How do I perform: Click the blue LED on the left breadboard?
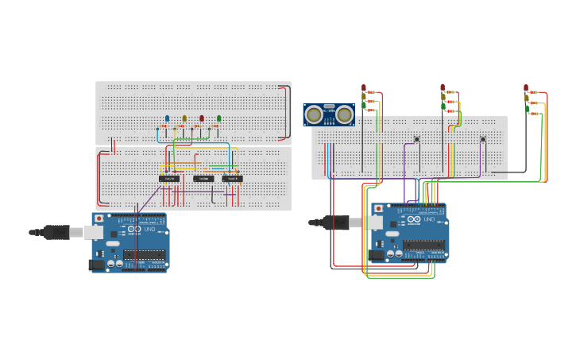[x=167, y=118]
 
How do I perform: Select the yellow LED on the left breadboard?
[x=184, y=118]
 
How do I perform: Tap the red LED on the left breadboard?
[x=202, y=118]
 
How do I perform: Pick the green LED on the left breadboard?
[x=219, y=118]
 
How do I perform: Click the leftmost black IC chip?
[x=168, y=179]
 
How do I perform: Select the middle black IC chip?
[x=203, y=179]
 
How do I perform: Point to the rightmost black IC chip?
[x=232, y=179]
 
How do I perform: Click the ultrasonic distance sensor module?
[x=329, y=114]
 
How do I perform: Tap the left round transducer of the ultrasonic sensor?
[x=315, y=115]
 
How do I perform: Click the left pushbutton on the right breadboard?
[x=416, y=139]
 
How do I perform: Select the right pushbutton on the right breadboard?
[x=482, y=139]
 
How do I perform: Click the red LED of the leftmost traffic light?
[x=364, y=87]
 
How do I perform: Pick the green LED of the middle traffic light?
[x=443, y=106]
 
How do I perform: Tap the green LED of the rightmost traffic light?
[x=526, y=107]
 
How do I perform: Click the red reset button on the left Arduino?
[x=99, y=219]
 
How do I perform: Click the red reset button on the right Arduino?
[x=378, y=209]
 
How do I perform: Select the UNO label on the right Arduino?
[x=429, y=219]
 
